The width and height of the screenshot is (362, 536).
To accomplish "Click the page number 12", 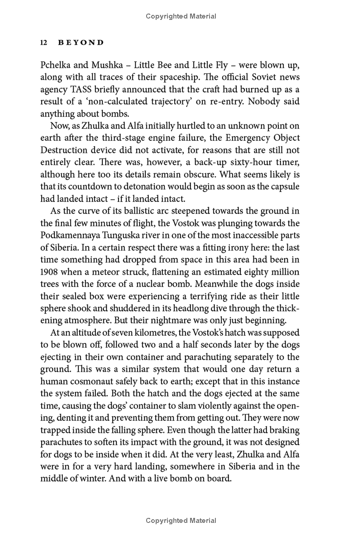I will coord(44,43).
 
